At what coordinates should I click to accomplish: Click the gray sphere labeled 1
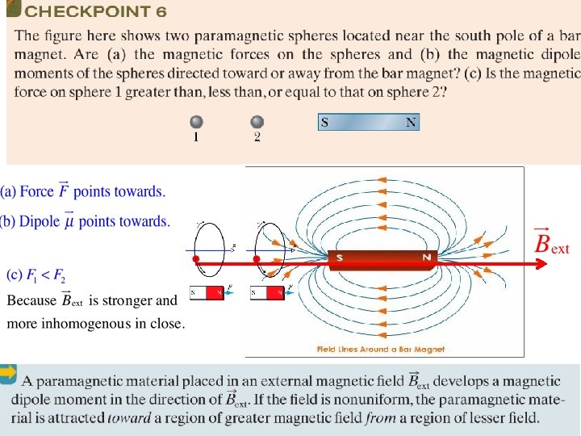coord(196,122)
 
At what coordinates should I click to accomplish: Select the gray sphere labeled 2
coord(257,122)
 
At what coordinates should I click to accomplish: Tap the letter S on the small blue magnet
coord(324,123)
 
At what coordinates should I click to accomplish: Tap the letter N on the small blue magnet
coord(411,123)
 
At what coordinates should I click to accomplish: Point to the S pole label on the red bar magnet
coord(340,258)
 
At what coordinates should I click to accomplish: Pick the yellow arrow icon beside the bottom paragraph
coord(8,373)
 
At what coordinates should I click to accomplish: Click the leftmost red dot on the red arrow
coord(196,259)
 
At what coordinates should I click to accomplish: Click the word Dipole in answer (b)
coord(40,221)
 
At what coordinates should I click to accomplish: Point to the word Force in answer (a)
coord(37,191)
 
